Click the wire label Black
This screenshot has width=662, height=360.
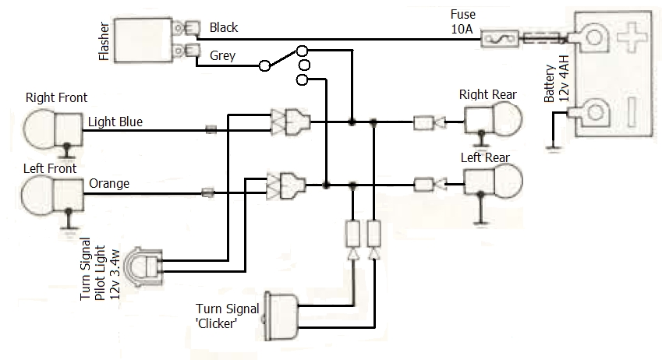click(224, 28)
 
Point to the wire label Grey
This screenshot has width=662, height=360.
click(222, 55)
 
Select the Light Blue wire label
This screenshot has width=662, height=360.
click(115, 122)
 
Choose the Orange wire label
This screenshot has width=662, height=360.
click(109, 185)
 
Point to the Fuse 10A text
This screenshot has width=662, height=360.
click(463, 21)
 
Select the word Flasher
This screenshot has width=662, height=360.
click(104, 41)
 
